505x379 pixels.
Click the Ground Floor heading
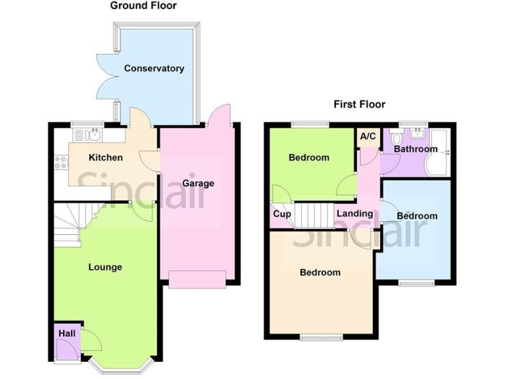(x=143, y=6)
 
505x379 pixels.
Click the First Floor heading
(x=359, y=104)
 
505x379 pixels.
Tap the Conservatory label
(x=154, y=68)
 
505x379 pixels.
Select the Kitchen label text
(x=106, y=157)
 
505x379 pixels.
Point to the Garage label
(x=198, y=183)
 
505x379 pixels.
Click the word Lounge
(x=105, y=266)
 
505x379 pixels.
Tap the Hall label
(x=66, y=334)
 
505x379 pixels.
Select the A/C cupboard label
(x=368, y=136)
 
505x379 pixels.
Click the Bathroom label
(x=416, y=149)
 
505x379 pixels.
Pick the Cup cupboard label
(x=282, y=215)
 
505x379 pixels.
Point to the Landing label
(x=354, y=213)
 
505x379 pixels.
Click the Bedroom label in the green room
(x=309, y=157)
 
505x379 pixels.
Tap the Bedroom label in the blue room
(x=417, y=216)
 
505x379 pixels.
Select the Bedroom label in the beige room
(x=320, y=272)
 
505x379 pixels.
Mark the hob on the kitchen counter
(x=61, y=161)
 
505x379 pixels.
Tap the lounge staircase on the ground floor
(x=72, y=224)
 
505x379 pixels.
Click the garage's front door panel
(x=198, y=279)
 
